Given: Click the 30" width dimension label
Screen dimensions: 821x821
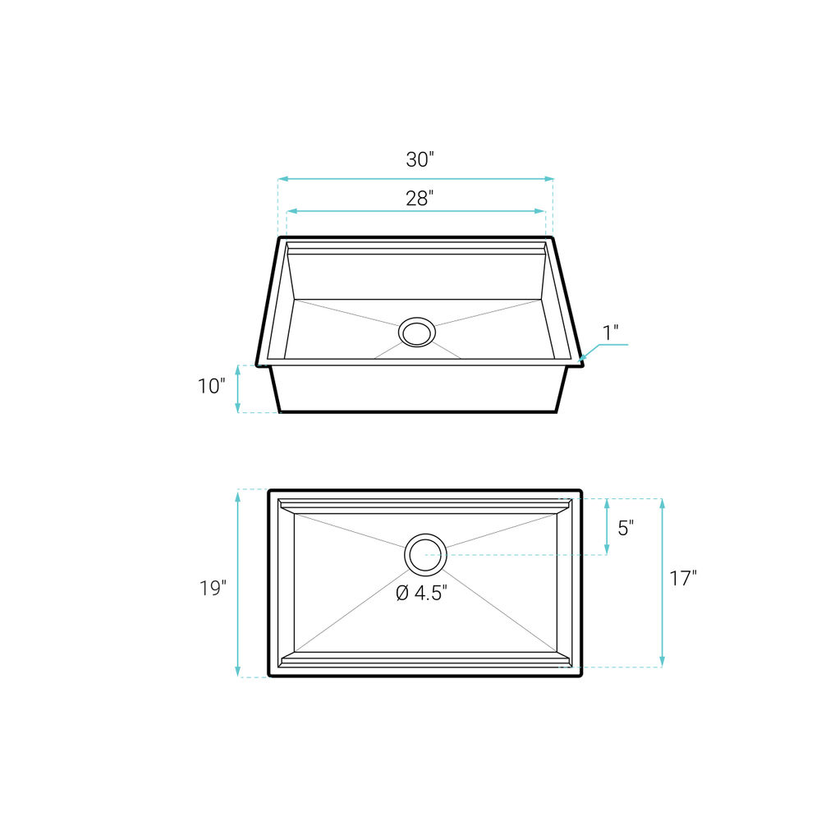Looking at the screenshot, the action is (420, 159).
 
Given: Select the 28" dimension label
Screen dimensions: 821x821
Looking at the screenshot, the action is (420, 198).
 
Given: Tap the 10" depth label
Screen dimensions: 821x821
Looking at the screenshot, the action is (211, 386).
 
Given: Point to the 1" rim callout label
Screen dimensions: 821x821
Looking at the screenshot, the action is (611, 333).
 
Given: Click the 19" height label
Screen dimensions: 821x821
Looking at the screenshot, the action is (212, 588).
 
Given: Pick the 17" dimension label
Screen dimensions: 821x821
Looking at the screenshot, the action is (683, 579).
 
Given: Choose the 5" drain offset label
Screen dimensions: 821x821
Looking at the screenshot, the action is (626, 528).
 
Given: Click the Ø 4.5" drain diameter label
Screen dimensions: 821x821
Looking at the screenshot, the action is (421, 593).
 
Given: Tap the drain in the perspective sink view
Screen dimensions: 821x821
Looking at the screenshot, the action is (417, 332).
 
